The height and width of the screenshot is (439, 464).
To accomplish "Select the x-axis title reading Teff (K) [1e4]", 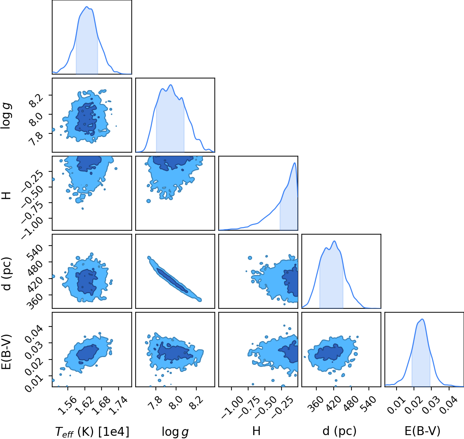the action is tap(92, 432).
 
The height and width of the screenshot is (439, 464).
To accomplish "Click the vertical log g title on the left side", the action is tap(6, 115).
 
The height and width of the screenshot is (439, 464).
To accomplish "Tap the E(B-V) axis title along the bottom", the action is tap(422, 431).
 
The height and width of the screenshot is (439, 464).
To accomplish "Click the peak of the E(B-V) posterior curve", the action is tap(422, 319).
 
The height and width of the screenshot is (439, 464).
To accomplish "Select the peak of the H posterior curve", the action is tap(295, 163).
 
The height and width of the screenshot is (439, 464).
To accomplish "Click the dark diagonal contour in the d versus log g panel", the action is tap(172, 280).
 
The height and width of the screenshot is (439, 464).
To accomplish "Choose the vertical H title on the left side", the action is tap(6, 196).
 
